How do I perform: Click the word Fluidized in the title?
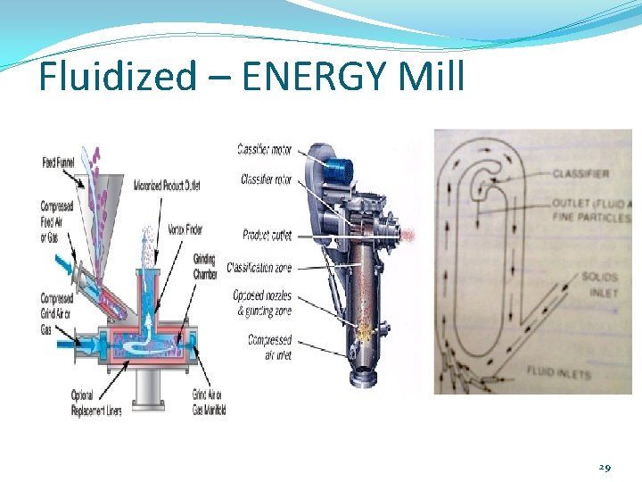(x=116, y=77)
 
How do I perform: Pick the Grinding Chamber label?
(x=204, y=267)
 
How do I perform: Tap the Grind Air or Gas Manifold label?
(x=209, y=402)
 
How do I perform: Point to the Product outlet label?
(x=267, y=235)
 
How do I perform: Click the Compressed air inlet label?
(x=269, y=347)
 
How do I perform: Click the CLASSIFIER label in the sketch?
(x=580, y=173)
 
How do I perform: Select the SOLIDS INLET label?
(x=599, y=285)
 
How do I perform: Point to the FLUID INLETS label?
(x=558, y=372)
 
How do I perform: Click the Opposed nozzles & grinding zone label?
(x=262, y=303)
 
